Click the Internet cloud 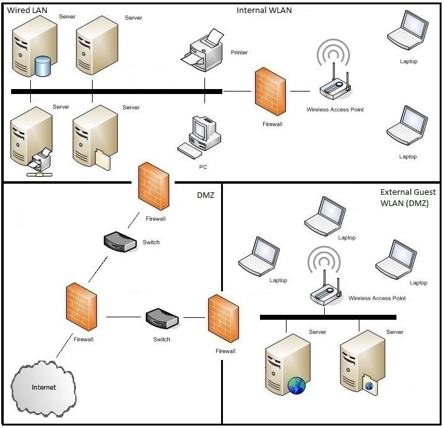(x=44, y=387)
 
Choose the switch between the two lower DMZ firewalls (x=162, y=319)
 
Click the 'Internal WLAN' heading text (x=264, y=11)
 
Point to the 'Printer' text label (x=239, y=53)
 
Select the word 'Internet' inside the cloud (x=44, y=387)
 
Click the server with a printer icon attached (x=29, y=140)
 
